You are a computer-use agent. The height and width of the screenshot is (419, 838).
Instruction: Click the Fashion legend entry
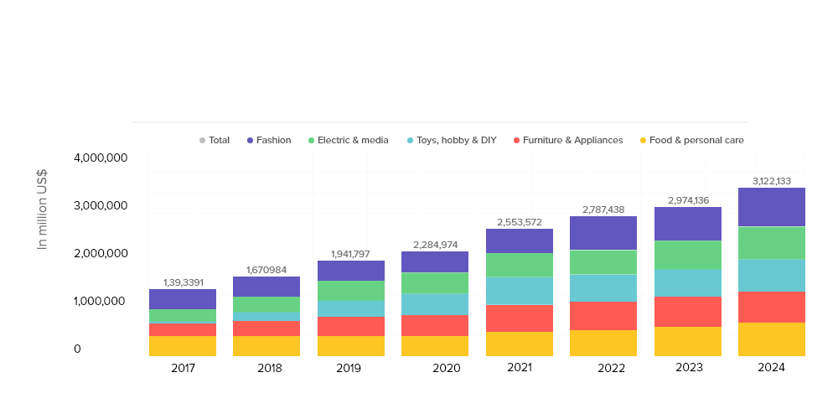268,140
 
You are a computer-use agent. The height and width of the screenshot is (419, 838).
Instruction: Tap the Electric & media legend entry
348,140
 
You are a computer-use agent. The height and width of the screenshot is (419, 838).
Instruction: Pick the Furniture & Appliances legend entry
567,140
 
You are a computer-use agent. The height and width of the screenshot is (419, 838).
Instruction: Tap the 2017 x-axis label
183,367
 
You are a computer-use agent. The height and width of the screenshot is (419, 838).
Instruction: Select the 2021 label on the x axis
520,367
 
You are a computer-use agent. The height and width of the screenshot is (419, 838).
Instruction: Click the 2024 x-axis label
771,367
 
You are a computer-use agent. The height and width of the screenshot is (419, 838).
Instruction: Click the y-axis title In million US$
42,209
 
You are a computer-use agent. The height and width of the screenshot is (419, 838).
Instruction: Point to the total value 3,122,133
772,180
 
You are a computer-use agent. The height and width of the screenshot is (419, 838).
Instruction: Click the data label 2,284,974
435,244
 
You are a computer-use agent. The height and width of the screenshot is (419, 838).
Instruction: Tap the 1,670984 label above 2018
266,269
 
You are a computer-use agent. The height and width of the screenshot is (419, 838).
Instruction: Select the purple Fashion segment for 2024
772,207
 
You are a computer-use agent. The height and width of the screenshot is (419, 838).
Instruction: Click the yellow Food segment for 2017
183,346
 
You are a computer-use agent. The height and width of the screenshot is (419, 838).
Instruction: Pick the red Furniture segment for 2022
603,315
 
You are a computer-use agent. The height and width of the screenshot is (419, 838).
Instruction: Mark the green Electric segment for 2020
435,282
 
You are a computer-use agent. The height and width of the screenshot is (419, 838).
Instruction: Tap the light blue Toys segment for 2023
687,282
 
